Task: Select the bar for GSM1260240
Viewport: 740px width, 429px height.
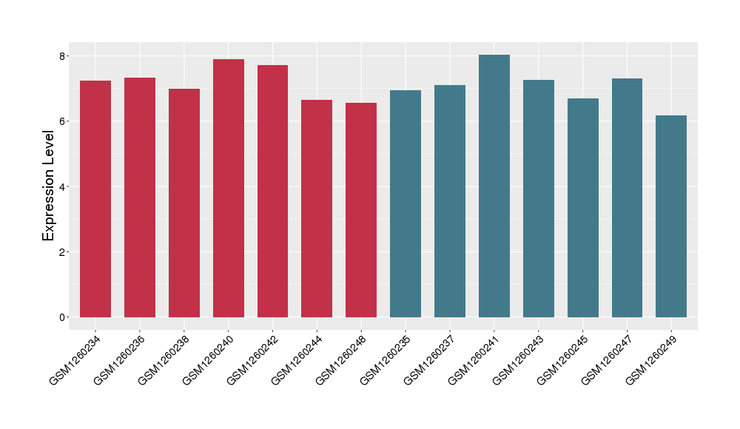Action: [x=229, y=188]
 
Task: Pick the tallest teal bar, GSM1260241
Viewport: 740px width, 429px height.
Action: [x=494, y=186]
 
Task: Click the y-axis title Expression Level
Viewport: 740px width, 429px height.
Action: [x=49, y=186]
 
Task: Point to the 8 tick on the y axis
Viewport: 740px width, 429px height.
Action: [x=64, y=56]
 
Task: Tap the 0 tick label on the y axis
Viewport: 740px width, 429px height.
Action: [x=64, y=317]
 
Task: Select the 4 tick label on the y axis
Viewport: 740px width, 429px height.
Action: [x=64, y=186]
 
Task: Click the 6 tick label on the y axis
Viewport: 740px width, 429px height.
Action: [x=64, y=121]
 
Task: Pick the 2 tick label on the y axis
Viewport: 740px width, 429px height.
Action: [x=64, y=252]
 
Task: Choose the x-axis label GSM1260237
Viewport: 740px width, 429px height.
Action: [x=430, y=359]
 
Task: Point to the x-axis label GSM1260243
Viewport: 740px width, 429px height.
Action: [x=519, y=359]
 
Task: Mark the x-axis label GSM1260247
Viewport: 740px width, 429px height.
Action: [x=607, y=359]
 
